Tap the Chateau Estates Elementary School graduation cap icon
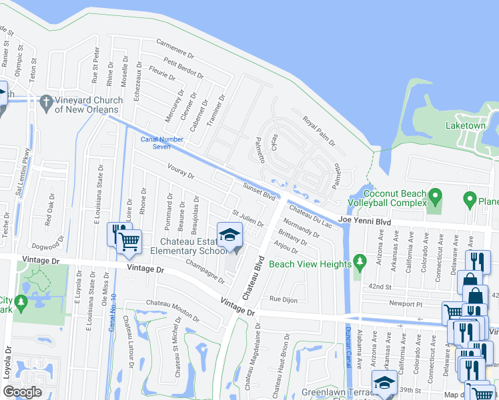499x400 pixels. click(230, 235)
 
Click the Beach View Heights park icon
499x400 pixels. click(360, 259)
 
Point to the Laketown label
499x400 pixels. click(466, 125)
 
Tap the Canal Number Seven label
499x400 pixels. click(161, 143)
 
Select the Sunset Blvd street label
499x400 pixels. click(259, 193)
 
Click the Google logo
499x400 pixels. click(22, 392)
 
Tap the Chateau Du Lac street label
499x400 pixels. click(310, 215)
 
